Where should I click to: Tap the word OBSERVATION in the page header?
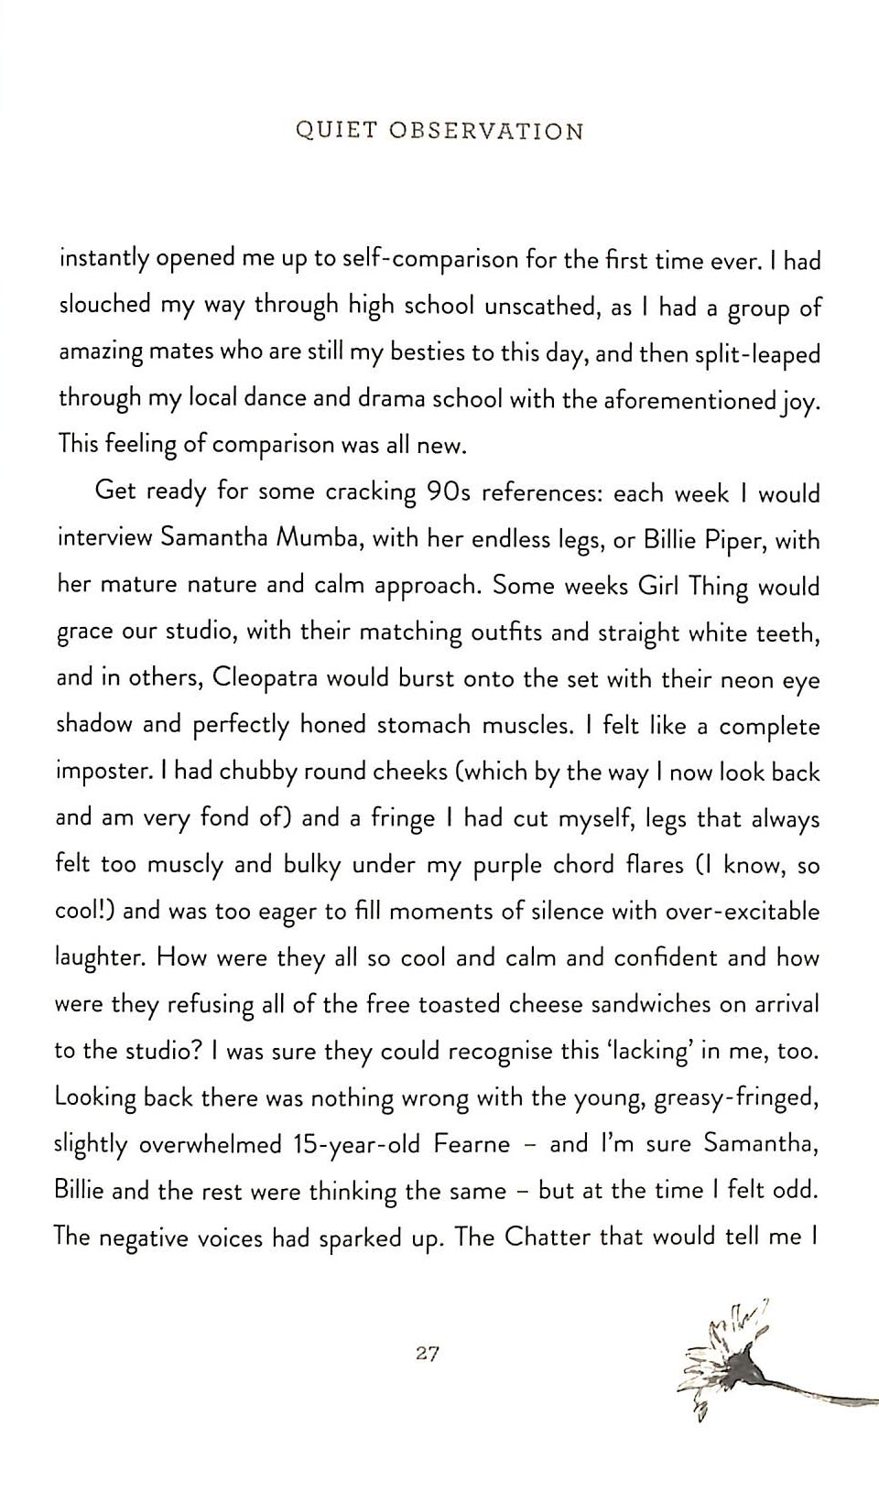pyautogui.click(x=486, y=131)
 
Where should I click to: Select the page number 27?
pyautogui.click(x=428, y=1353)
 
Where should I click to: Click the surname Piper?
pyautogui.click(x=729, y=540)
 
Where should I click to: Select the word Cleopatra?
pyautogui.click(x=264, y=678)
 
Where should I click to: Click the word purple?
pyautogui.click(x=508, y=866)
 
